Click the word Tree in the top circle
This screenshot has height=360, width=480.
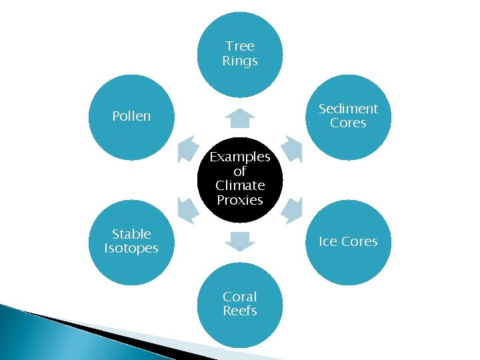pyautogui.click(x=240, y=46)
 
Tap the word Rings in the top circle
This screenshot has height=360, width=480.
pyautogui.click(x=240, y=61)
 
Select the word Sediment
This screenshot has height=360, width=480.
pyautogui.click(x=348, y=109)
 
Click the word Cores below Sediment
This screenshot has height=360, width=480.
pyautogui.click(x=348, y=123)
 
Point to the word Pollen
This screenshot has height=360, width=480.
pyautogui.click(x=131, y=116)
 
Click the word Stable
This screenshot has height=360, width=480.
pyautogui.click(x=131, y=234)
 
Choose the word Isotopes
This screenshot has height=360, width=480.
pyautogui.click(x=131, y=249)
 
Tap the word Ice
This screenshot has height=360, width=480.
pyautogui.click(x=328, y=241)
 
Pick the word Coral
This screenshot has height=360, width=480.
pyautogui.click(x=240, y=297)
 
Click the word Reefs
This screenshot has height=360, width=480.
pyautogui.click(x=240, y=311)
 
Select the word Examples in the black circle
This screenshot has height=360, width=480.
pyautogui.click(x=240, y=157)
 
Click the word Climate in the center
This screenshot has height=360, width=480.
pyautogui.click(x=240, y=185)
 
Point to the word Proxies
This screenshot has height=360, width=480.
pyautogui.click(x=240, y=200)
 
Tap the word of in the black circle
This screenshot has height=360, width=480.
pyautogui.click(x=240, y=171)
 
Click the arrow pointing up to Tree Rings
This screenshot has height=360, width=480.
pyautogui.click(x=240, y=118)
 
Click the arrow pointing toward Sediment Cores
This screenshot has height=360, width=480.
pyautogui.click(x=291, y=148)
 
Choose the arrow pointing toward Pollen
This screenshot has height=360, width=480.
pyautogui.click(x=189, y=148)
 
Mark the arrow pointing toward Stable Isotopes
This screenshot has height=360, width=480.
pyautogui.click(x=189, y=209)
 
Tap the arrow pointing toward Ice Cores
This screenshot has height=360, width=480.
pyautogui.click(x=291, y=209)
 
